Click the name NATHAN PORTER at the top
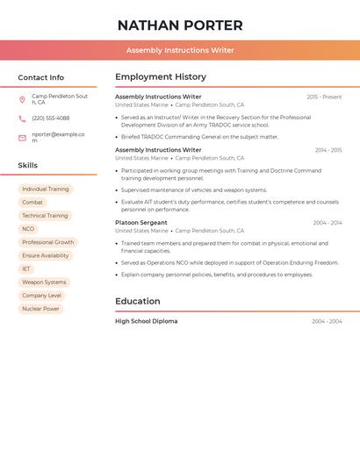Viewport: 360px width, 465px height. click(180, 25)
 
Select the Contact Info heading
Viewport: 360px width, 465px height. click(41, 77)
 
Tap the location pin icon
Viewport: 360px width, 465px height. click(22, 99)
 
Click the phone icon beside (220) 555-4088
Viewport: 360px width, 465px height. click(22, 118)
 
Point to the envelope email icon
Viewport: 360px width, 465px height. click(22, 138)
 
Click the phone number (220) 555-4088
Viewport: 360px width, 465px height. click(50, 118)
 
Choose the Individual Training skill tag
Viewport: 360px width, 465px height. click(46, 190)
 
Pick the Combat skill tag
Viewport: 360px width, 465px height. click(32, 203)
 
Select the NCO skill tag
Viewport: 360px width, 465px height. click(29, 229)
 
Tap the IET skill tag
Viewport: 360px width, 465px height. click(26, 269)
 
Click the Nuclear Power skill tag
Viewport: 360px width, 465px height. click(40, 309)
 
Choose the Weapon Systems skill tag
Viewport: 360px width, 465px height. click(44, 283)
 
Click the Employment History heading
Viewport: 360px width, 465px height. click(161, 77)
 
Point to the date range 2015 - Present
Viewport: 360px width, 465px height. click(324, 97)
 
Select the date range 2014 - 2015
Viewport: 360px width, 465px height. click(328, 150)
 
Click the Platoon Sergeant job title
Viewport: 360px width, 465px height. click(141, 223)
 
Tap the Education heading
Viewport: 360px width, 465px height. click(137, 302)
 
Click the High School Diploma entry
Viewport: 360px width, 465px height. click(146, 321)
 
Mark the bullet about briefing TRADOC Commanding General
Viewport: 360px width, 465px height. click(199, 137)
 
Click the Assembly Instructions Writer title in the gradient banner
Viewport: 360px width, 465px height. click(180, 50)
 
